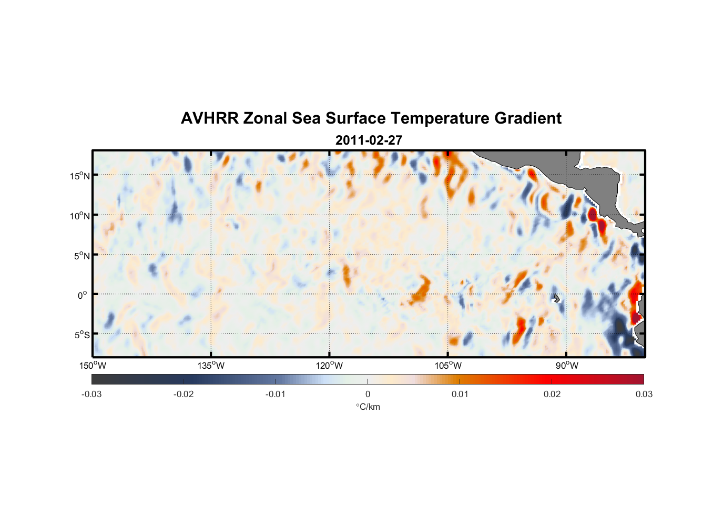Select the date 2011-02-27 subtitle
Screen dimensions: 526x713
pos(369,140)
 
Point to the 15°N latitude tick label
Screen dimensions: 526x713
pos(80,176)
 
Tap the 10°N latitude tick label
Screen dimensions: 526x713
pos(80,216)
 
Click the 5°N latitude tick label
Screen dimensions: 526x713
pos(82,256)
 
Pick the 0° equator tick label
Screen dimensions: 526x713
pos(83,296)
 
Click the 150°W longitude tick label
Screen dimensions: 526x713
pos(93,366)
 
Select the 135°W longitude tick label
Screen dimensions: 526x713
pos(211,366)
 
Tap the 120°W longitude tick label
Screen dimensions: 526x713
pos(330,366)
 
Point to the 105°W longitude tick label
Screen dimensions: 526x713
pos(448,366)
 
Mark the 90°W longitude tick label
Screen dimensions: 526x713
pos(567,366)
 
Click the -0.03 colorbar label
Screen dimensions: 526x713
pos(91,394)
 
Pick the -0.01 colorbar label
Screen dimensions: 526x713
pos(276,394)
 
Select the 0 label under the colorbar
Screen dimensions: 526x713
pos(368,394)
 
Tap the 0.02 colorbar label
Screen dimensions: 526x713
pos(552,394)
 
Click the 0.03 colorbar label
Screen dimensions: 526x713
pos(644,394)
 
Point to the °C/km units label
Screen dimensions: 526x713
pos(368,407)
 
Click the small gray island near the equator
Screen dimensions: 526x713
pos(556,298)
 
